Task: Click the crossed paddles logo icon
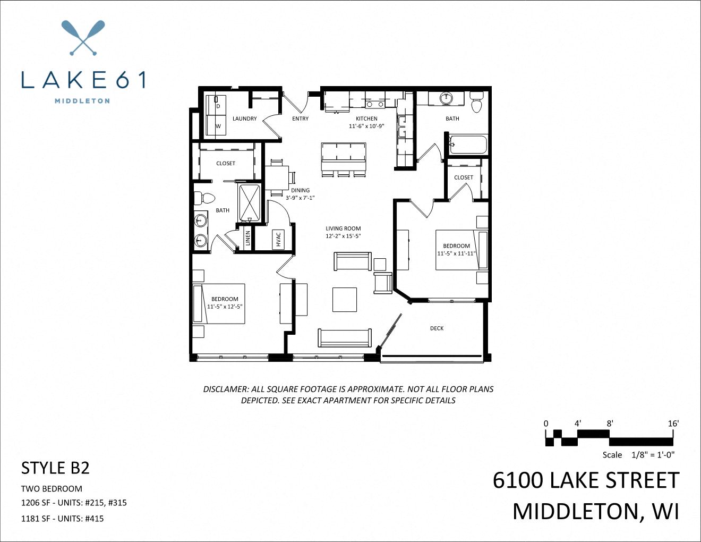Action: (83, 38)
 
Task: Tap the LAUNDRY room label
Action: (244, 118)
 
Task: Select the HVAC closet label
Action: (278, 239)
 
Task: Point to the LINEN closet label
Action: (247, 239)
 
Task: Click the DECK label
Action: (437, 328)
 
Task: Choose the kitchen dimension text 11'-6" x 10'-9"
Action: (366, 126)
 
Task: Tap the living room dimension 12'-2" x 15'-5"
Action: (343, 236)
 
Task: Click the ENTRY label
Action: (300, 118)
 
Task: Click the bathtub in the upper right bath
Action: (468, 144)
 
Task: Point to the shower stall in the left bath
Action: (250, 202)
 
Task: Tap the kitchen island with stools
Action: (343, 159)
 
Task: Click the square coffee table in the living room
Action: (345, 299)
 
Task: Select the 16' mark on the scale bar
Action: (673, 424)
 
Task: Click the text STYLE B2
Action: (55, 468)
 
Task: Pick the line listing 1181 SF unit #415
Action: (62, 518)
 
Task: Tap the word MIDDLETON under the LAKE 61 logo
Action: (82, 100)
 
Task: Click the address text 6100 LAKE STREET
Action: (586, 480)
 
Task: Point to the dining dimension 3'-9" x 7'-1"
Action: (300, 198)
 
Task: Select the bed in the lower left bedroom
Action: (219, 303)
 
